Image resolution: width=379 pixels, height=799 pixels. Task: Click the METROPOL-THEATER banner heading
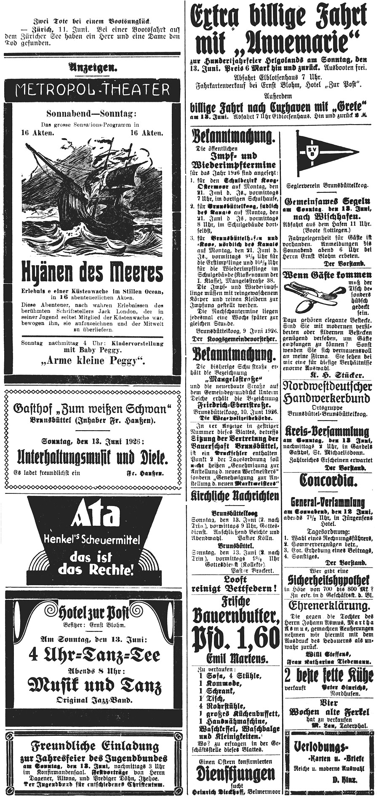coord(92,89)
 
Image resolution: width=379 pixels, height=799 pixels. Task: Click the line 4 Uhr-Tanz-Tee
coord(94,655)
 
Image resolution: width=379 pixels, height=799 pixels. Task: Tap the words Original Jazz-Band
coord(94,700)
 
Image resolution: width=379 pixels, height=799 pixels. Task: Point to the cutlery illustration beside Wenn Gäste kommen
coord(312,295)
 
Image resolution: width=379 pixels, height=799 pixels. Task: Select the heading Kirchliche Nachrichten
coord(235,496)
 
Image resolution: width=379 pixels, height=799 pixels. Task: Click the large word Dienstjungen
coord(235,774)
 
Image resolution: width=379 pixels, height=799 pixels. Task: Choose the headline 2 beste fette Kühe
coord(328,676)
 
